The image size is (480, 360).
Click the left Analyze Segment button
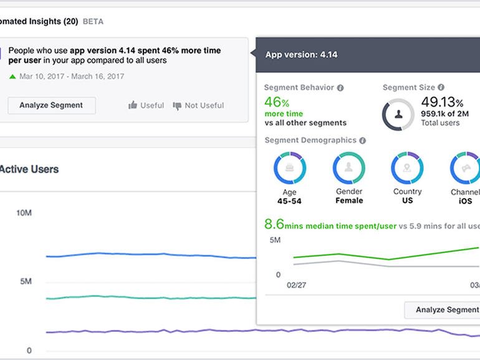tap(51, 105)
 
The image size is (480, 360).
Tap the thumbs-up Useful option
tap(146, 105)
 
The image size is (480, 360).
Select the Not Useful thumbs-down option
tap(198, 105)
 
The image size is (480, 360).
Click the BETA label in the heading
tap(93, 21)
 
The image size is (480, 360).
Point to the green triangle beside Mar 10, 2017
tap(12, 77)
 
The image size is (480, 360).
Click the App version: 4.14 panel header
tap(301, 54)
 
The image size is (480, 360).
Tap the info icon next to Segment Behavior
tap(340, 88)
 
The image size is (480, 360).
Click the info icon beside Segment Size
tap(441, 88)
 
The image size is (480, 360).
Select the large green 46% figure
tap(277, 102)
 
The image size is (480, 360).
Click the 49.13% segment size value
tap(442, 102)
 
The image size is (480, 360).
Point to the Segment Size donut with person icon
tap(398, 115)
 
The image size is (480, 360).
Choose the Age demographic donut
tap(289, 168)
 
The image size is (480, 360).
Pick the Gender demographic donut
tap(348, 168)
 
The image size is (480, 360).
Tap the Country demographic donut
tap(407, 168)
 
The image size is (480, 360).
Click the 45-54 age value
tap(289, 201)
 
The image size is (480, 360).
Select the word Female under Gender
tap(348, 201)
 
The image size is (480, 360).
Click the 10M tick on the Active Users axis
tap(24, 213)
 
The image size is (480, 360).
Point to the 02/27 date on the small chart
tap(296, 285)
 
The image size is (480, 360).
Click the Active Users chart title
tap(29, 169)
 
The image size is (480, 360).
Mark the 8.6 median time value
tap(274, 224)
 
